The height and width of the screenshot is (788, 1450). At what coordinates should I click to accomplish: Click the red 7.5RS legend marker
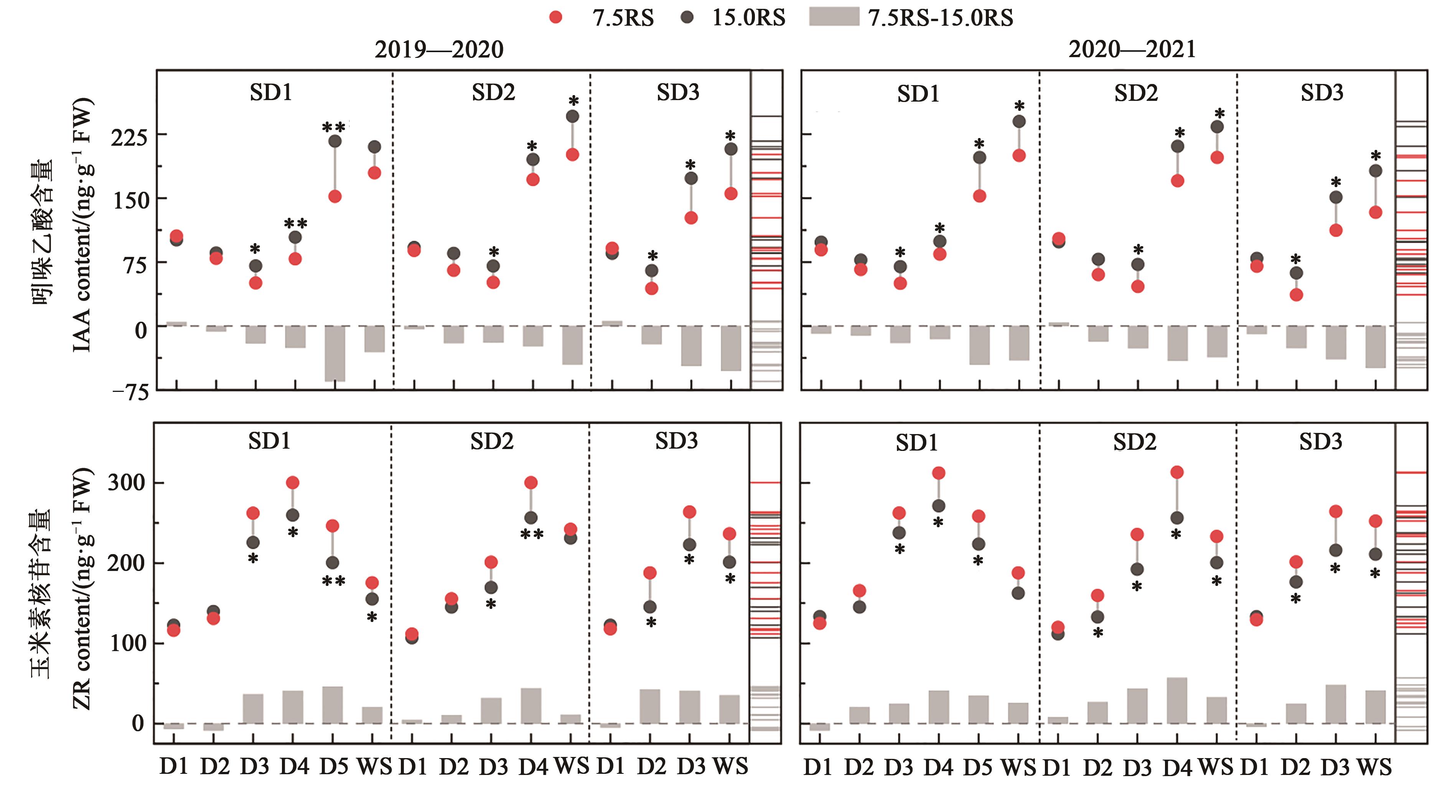click(x=555, y=18)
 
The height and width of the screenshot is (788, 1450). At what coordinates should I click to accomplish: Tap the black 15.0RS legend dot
click(x=687, y=18)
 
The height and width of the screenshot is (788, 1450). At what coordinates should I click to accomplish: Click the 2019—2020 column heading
click(x=439, y=49)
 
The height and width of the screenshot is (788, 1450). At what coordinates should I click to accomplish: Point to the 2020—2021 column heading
click(x=1132, y=49)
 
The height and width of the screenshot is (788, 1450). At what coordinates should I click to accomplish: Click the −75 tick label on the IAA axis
click(x=130, y=392)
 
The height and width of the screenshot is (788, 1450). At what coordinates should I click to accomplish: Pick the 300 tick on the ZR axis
click(x=126, y=483)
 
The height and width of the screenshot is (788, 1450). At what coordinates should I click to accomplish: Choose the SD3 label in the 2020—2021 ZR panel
click(x=1320, y=442)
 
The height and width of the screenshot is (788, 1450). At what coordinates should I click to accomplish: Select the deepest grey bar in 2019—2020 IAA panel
click(x=335, y=354)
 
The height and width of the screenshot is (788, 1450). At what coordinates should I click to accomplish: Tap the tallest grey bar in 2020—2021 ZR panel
click(x=1177, y=700)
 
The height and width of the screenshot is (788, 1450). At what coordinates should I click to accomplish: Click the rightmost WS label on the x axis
click(x=1374, y=767)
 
